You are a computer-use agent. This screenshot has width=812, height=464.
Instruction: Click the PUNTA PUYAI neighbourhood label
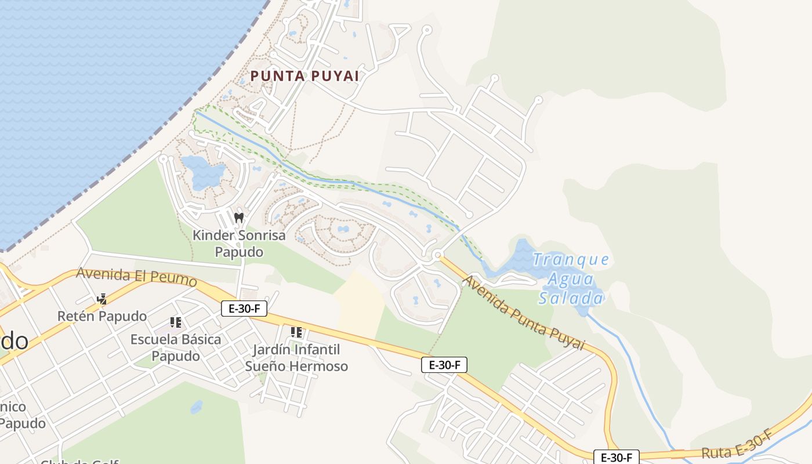(304, 76)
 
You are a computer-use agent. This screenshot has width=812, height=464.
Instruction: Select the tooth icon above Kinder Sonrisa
(238, 217)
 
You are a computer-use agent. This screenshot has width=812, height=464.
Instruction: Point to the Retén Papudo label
(101, 316)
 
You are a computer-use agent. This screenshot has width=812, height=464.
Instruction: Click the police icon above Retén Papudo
(102, 299)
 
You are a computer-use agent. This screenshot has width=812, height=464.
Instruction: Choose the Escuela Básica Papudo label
(176, 347)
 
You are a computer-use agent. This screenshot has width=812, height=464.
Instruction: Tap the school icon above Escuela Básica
(176, 322)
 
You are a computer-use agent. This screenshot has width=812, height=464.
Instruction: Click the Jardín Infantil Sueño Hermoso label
(296, 358)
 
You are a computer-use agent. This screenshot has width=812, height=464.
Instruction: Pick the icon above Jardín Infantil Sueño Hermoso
(296, 332)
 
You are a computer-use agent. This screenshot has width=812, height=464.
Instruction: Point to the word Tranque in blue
(571, 259)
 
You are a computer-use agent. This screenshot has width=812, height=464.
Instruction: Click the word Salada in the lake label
(571, 298)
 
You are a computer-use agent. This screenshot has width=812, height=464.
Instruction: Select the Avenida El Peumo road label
(136, 276)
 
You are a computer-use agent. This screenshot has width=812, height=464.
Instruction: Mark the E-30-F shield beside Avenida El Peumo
(244, 309)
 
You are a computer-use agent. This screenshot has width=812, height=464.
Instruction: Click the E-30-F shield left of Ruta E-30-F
(616, 457)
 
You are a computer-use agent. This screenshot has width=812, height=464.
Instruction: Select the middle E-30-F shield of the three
(444, 365)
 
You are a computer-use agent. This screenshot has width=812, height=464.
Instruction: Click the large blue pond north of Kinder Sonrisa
(202, 171)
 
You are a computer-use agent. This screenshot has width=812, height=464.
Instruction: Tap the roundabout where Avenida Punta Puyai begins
(437, 254)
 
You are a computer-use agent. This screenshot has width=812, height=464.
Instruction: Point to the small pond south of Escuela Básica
(197, 407)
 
